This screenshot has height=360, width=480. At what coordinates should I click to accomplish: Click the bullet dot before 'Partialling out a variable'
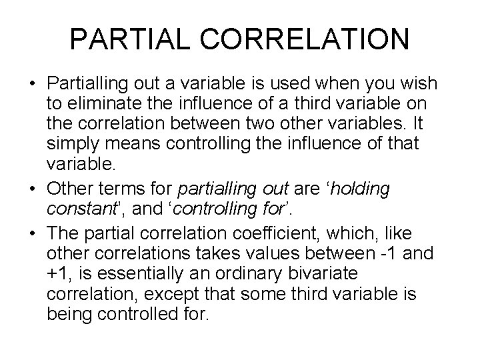coord(33,85)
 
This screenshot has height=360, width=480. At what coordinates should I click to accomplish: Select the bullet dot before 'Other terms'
coord(33,189)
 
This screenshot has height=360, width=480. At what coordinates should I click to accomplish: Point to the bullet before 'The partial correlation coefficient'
coord(33,234)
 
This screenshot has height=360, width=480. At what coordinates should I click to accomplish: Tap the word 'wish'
coord(418,85)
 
